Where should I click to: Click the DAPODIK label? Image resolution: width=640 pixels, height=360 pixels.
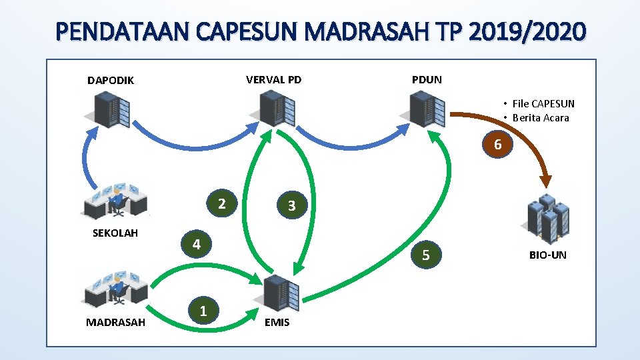(x=111, y=81)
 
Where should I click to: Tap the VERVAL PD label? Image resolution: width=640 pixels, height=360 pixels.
(x=273, y=80)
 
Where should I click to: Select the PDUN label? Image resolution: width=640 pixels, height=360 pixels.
(x=427, y=79)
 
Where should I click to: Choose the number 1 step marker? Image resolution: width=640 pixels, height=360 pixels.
(x=203, y=311)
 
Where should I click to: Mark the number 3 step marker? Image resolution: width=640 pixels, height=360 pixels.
(x=291, y=206)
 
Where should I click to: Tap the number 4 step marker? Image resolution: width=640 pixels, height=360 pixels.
(x=197, y=245)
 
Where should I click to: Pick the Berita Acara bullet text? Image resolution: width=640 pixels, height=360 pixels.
(x=541, y=118)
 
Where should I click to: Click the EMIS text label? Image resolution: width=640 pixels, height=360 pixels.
(x=277, y=323)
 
